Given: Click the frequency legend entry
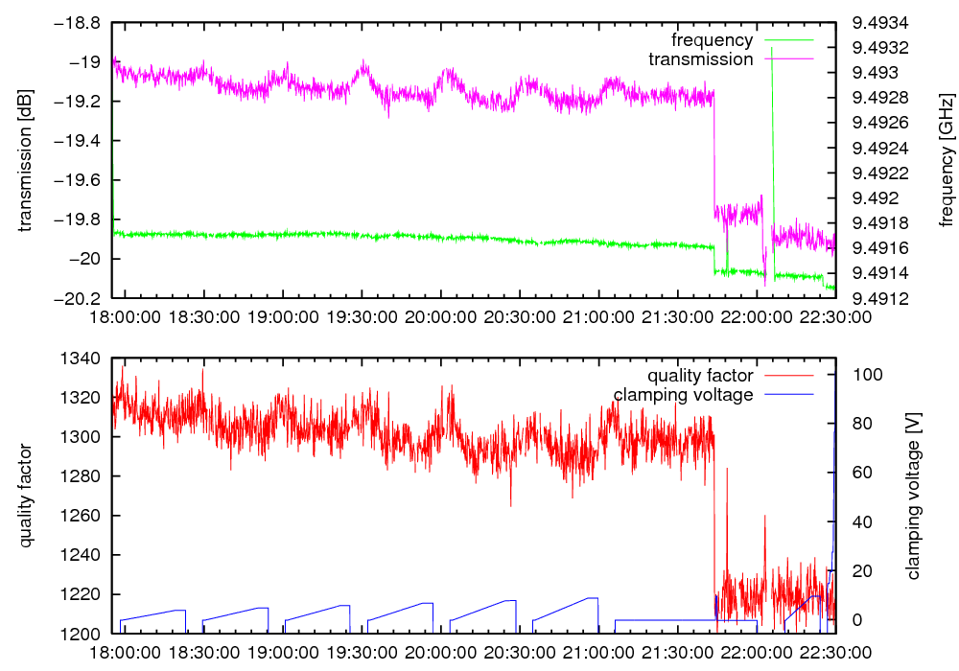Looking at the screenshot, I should tap(712, 40).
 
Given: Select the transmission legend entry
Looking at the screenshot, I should tap(701, 59).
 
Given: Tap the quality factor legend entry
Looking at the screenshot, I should tap(700, 376).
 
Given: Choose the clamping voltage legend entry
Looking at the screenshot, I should tap(684, 395).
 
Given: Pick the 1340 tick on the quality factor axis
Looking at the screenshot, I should tap(84, 359).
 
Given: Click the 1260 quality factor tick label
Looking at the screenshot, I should tap(84, 516).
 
